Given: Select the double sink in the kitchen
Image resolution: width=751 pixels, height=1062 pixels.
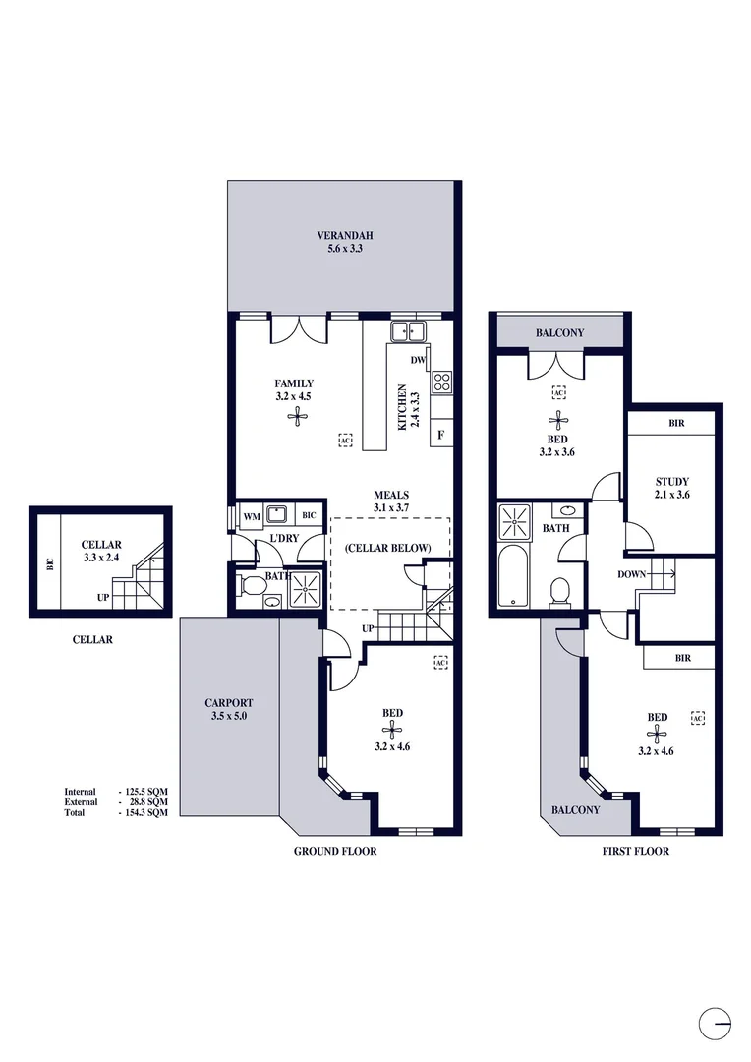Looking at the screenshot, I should [x=406, y=330].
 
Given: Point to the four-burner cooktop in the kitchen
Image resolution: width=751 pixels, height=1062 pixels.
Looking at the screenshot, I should [x=441, y=381].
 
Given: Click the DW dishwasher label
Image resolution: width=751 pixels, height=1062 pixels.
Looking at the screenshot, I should [x=417, y=360].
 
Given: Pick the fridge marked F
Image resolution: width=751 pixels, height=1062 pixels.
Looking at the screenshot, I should [x=441, y=434].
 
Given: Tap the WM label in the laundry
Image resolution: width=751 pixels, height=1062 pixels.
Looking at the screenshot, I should [x=251, y=514].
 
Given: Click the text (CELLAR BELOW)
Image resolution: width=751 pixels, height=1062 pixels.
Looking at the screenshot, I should [x=390, y=547].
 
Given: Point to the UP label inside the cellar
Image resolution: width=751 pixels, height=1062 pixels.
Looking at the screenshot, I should [x=102, y=597].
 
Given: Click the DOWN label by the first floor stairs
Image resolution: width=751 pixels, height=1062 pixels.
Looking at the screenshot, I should [x=631, y=573].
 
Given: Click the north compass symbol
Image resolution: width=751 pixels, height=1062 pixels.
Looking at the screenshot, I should [x=716, y=1023].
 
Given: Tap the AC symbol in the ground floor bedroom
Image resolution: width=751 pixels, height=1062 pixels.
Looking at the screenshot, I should [x=439, y=663].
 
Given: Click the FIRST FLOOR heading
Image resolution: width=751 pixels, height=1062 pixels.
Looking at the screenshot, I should [x=635, y=851].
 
